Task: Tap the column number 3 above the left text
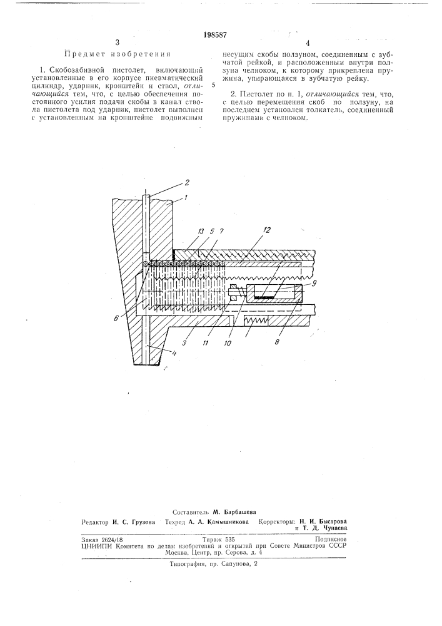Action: click(x=117, y=43)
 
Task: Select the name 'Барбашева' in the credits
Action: click(x=238, y=511)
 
